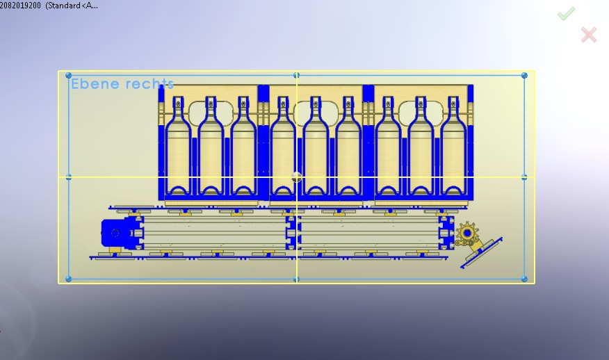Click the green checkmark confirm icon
pyautogui.click(x=566, y=13)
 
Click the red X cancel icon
pyautogui.click(x=589, y=34)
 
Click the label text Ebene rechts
pyautogui.click(x=122, y=84)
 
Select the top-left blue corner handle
pyautogui.click(x=68, y=75)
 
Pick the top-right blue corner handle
pyautogui.click(x=524, y=75)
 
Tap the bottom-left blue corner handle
pyautogui.click(x=68, y=279)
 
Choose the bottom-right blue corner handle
pyautogui.click(x=524, y=279)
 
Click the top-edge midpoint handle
pyautogui.click(x=297, y=75)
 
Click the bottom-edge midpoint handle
pyautogui.click(x=297, y=279)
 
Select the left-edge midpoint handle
pyautogui.click(x=68, y=177)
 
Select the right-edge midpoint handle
pyautogui.click(x=524, y=177)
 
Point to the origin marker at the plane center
pyautogui.click(x=297, y=177)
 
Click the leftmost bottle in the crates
pyautogui.click(x=177, y=149)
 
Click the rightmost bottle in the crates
pyautogui.click(x=455, y=149)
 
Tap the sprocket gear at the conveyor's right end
pyautogui.click(x=467, y=232)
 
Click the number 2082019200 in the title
pyautogui.click(x=21, y=6)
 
